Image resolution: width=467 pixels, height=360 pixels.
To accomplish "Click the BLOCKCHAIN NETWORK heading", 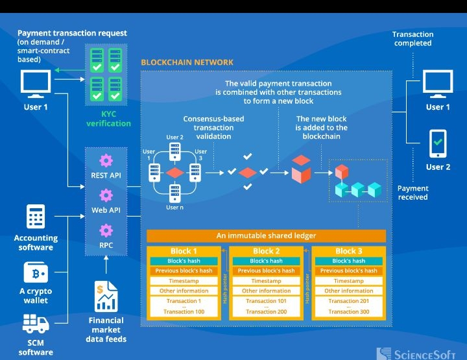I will tap(187, 62).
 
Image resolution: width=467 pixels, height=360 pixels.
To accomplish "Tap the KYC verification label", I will tap(108, 119).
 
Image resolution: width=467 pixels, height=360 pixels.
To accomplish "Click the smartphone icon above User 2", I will tap(438, 143).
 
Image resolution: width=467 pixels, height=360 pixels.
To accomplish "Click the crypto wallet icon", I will tap(36, 272).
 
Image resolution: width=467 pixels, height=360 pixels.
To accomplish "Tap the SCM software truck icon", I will tap(36, 324).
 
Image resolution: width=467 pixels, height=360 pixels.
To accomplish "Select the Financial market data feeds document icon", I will tap(107, 296).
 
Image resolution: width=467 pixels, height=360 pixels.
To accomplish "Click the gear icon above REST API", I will tap(106, 160).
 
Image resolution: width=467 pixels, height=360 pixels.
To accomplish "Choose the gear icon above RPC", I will tap(106, 230).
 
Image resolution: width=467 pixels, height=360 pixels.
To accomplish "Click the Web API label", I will tap(106, 210).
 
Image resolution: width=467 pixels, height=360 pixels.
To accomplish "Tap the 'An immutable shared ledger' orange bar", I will tap(266, 236).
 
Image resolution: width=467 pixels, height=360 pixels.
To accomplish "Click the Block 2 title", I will tap(266, 251).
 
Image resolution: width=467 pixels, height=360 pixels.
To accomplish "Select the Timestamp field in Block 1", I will tap(184, 281).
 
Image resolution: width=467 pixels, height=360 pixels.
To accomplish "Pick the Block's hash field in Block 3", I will tap(349, 261).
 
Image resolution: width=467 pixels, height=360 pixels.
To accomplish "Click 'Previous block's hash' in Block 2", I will tap(266, 270).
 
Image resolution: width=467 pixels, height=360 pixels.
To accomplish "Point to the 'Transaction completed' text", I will tap(413, 39).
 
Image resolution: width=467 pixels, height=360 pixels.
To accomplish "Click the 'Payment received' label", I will tap(413, 193).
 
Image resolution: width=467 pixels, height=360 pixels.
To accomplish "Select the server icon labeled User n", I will tap(174, 193).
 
